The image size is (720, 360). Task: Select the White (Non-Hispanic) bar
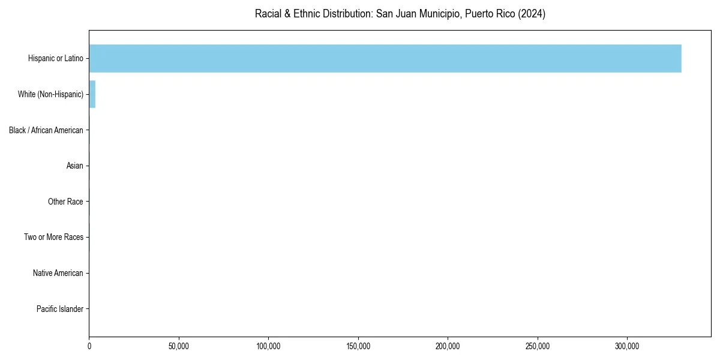92,94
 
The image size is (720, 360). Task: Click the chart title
400,14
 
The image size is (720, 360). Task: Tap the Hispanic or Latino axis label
55,58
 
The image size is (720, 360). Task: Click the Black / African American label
46,130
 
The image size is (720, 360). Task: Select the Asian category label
74,166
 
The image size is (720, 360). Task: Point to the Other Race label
65,202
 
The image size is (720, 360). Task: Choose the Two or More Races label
53,238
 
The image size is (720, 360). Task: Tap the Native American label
58,273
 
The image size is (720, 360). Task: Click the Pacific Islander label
59,309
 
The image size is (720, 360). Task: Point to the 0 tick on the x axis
89,346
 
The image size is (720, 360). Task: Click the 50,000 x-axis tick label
179,346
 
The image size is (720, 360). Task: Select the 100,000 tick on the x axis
269,346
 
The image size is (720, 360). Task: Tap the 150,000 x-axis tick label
358,346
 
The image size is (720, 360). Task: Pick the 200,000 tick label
448,346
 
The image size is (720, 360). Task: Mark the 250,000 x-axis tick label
538,346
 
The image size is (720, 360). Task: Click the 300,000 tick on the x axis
628,346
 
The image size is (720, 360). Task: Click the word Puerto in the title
481,14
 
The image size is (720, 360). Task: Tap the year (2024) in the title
532,14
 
